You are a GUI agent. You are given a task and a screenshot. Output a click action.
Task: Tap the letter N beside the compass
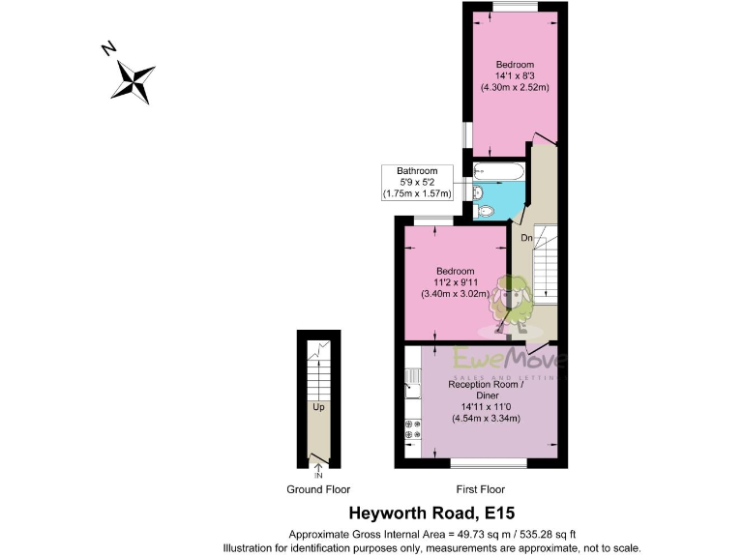(x=110, y=49)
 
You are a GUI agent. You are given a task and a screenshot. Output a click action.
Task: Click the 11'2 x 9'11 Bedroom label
(x=454, y=281)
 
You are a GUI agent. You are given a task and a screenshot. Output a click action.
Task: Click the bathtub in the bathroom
(x=498, y=171)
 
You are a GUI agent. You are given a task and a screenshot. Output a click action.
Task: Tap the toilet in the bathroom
(x=483, y=210)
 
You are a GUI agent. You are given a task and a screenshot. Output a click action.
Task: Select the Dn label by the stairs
(x=526, y=237)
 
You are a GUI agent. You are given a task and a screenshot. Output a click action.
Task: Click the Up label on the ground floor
(x=317, y=407)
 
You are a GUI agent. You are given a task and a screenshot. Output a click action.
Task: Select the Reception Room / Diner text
(x=487, y=390)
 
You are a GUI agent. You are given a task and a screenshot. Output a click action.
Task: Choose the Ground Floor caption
(x=318, y=489)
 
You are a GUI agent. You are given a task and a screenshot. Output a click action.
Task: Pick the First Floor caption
(x=478, y=489)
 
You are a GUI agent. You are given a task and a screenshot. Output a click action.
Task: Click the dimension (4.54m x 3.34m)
(x=487, y=419)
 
